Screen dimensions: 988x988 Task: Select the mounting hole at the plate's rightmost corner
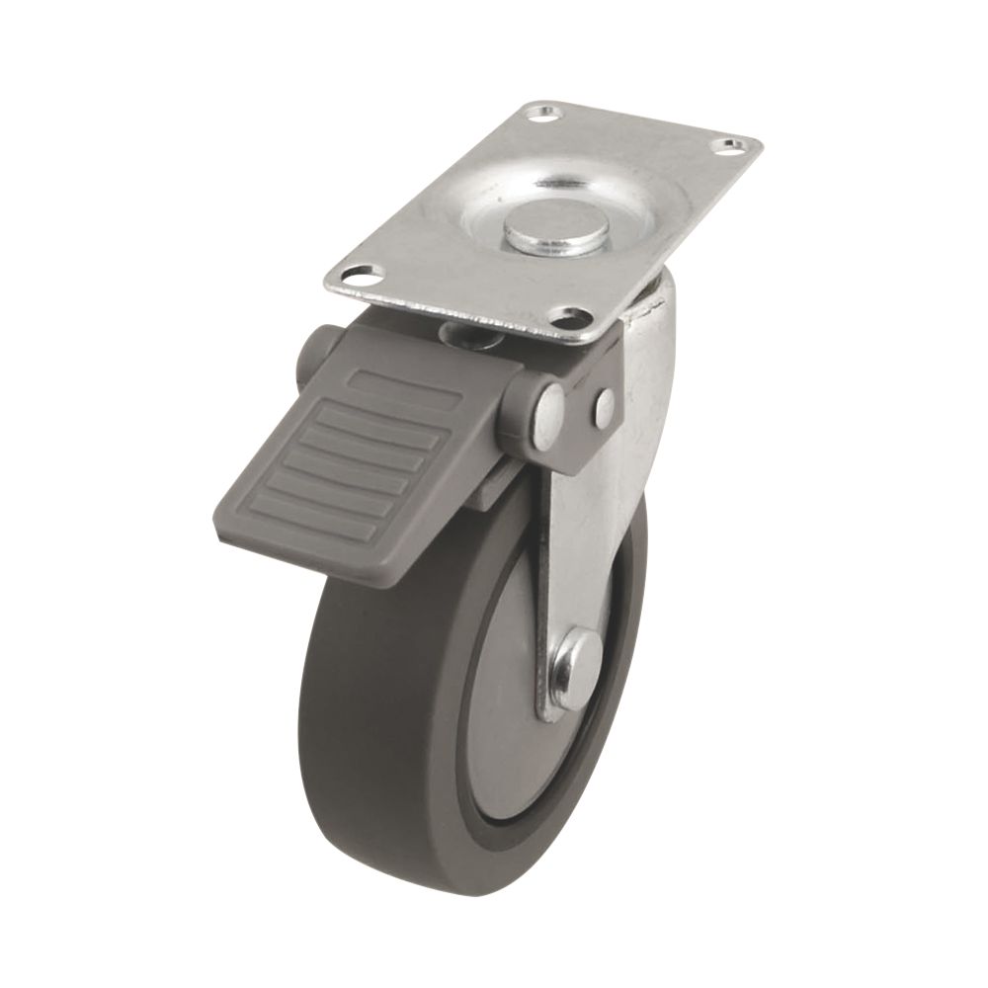click(730, 147)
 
